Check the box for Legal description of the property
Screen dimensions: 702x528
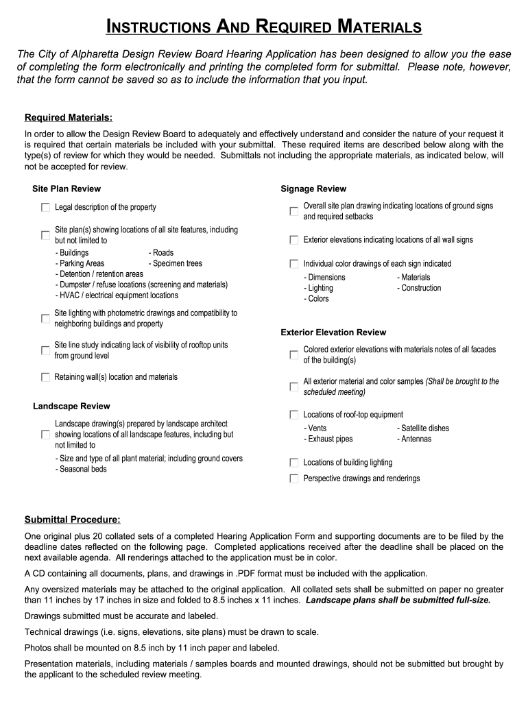tap(45, 207)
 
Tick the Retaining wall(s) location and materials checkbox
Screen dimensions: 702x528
tap(45, 377)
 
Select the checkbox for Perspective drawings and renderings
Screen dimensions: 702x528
tap(294, 479)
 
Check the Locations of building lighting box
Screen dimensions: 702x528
tap(294, 463)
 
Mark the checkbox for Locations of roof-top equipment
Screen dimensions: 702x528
tap(294, 415)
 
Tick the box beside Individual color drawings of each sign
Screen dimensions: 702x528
tap(294, 264)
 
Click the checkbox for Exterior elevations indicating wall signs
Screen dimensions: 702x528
tap(294, 240)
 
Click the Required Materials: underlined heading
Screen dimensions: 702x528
tap(68, 117)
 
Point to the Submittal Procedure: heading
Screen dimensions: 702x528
tap(72, 519)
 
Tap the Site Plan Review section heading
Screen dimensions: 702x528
tap(67, 189)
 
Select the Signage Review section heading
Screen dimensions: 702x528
tap(313, 189)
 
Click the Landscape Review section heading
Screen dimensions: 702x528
tap(71, 407)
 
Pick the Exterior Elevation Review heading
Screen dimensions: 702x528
tap(333, 332)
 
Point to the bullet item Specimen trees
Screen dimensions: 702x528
tap(175, 263)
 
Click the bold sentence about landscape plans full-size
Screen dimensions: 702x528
tap(398, 600)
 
